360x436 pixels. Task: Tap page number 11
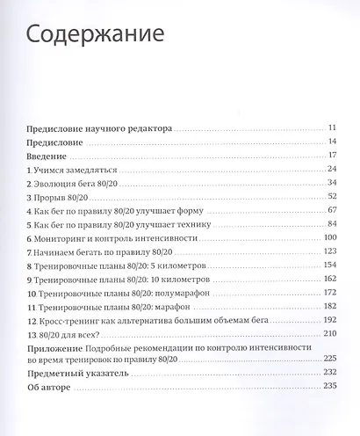[x=333, y=127]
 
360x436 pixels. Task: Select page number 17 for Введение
[x=333, y=156]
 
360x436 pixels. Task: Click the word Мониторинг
[x=65, y=238]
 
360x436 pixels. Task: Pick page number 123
[x=331, y=252]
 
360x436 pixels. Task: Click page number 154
[x=331, y=265]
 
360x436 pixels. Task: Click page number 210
[x=331, y=334]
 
